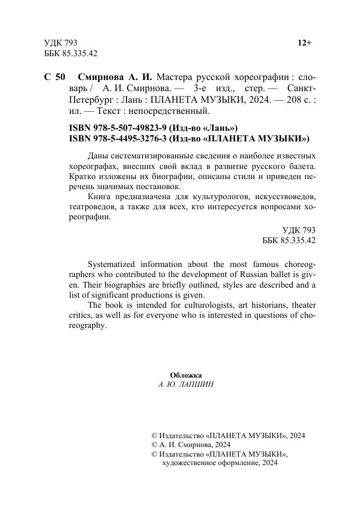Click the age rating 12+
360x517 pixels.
click(305, 43)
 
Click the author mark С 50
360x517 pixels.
click(55, 77)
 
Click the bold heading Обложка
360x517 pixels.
click(186, 375)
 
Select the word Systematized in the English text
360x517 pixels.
click(111, 264)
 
